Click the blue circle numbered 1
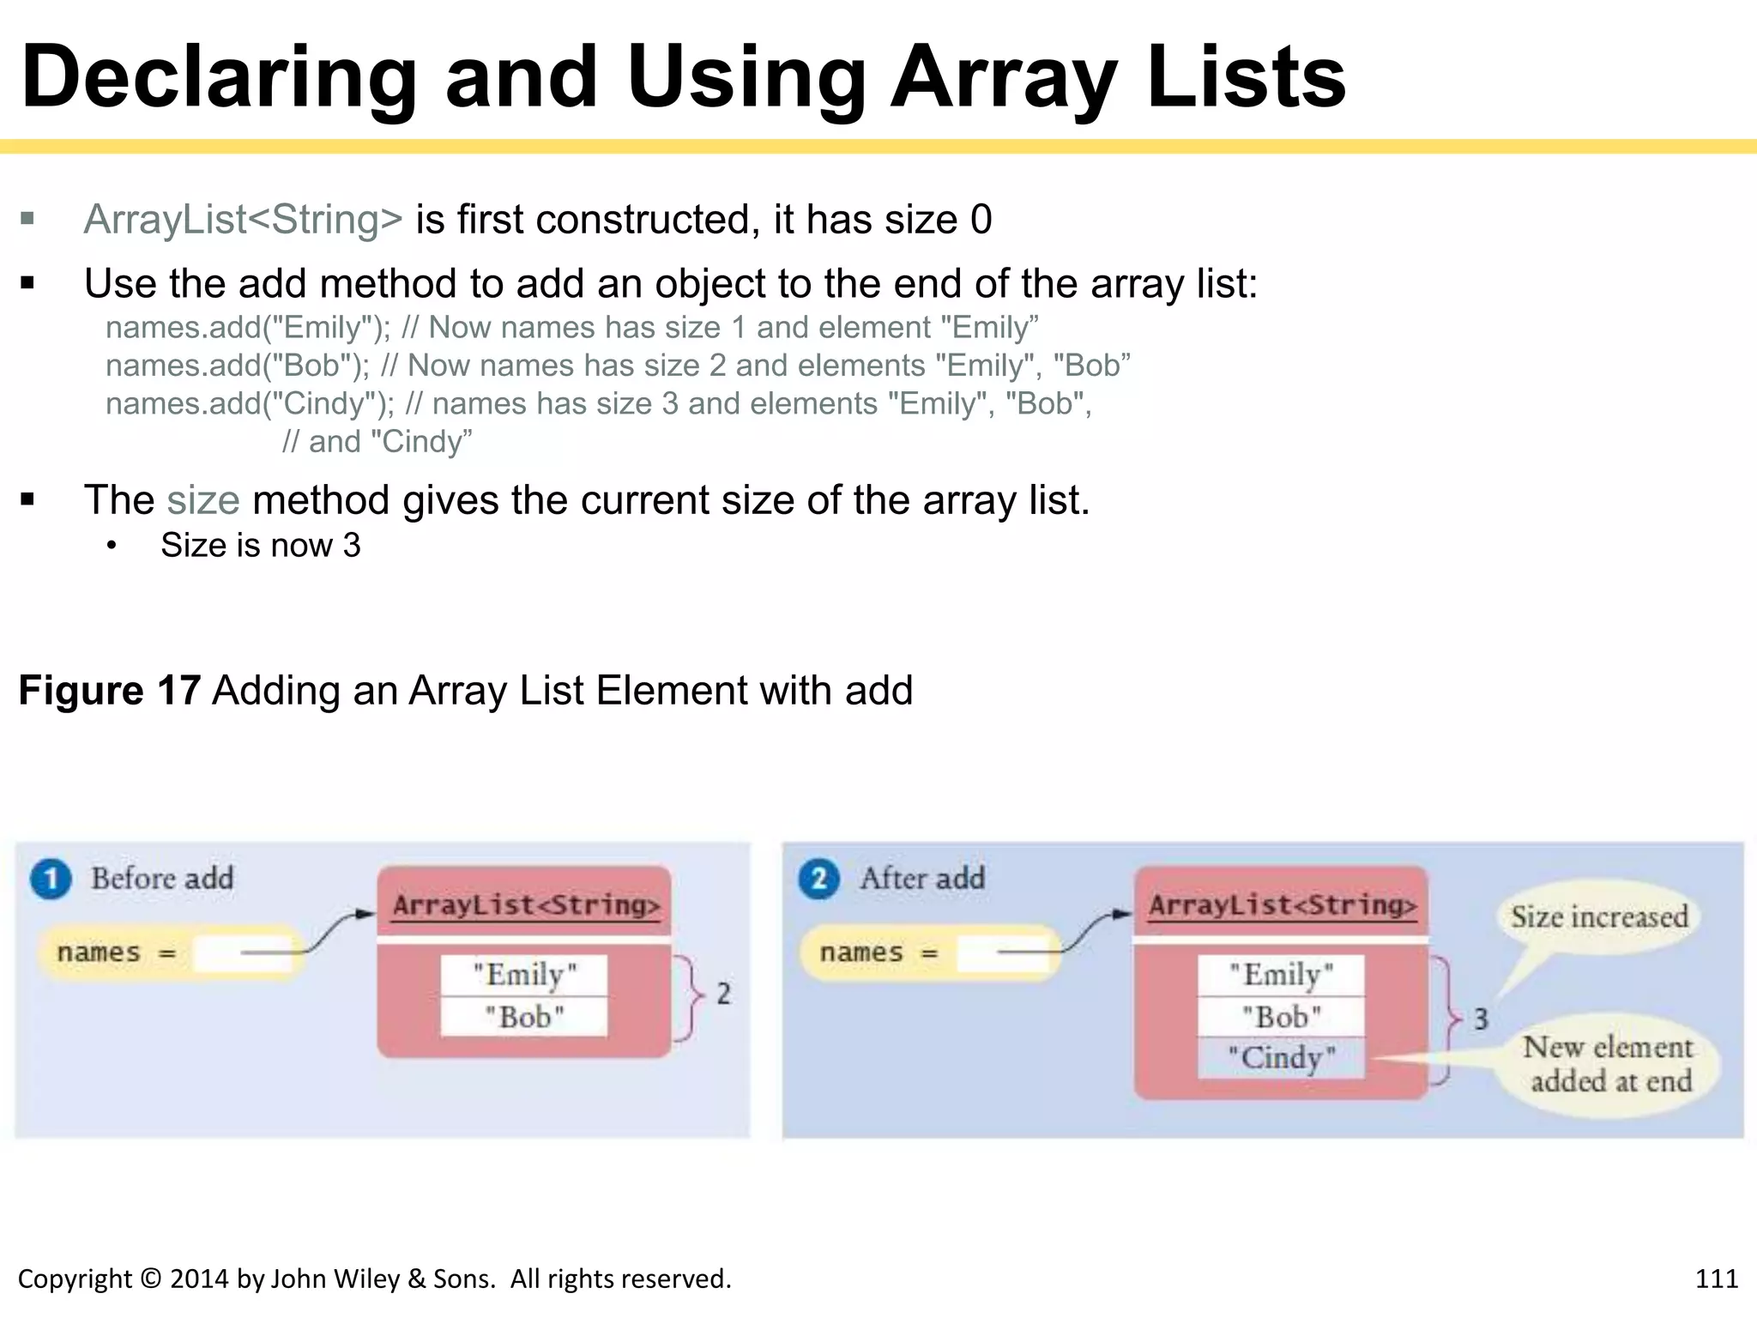[51, 880]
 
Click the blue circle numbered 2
[819, 880]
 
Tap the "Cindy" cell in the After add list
[1281, 1058]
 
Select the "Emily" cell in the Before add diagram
[524, 975]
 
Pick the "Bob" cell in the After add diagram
[1281, 1017]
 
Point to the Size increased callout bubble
[1598, 917]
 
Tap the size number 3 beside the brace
[1481, 1019]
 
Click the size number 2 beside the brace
[723, 994]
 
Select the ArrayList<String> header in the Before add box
[526, 905]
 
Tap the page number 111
[1716, 1279]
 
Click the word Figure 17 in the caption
[110, 691]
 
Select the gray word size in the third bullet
[203, 500]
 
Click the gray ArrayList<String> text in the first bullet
[243, 220]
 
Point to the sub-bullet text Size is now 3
[261, 546]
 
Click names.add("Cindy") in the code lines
[249, 404]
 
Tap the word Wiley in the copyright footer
[366, 1279]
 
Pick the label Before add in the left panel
[162, 879]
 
